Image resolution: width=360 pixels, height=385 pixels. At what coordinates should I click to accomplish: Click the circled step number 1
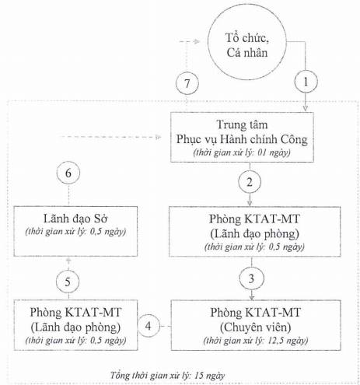click(306, 82)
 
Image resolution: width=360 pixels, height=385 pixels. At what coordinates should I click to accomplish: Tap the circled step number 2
click(250, 182)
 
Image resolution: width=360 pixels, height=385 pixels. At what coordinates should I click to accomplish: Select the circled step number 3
click(251, 278)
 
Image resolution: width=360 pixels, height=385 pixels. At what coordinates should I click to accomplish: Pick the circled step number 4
click(148, 326)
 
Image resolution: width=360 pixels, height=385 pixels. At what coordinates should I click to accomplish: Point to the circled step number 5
click(68, 282)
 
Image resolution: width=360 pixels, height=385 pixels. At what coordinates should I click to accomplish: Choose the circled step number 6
click(68, 173)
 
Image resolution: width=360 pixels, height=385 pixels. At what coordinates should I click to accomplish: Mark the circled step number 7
click(187, 83)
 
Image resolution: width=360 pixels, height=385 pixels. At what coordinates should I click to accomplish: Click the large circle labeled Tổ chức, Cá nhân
click(247, 41)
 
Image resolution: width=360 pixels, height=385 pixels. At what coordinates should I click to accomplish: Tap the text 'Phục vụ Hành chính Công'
click(242, 139)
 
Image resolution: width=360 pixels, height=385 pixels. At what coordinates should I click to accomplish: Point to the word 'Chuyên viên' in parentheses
click(255, 327)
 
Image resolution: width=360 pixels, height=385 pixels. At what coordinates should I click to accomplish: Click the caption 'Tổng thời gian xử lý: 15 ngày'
click(168, 375)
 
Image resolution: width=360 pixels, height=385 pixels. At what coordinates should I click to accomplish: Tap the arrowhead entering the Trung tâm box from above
click(306, 108)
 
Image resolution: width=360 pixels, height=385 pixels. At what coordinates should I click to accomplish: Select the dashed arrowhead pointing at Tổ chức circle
click(197, 41)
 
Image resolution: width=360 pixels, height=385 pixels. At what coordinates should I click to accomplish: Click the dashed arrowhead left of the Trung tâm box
click(158, 137)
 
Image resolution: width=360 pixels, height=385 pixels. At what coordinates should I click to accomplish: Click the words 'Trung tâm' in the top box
click(242, 124)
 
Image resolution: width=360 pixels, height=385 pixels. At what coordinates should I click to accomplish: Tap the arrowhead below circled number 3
click(251, 297)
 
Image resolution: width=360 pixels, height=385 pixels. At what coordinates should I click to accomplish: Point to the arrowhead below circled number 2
click(250, 203)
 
